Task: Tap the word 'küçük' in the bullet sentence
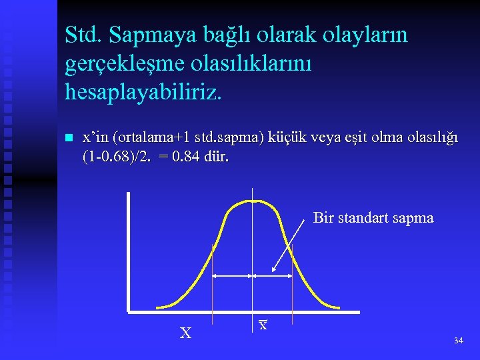click(x=285, y=138)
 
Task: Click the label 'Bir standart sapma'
click(x=373, y=218)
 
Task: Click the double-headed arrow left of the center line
click(x=232, y=275)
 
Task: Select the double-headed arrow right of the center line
click(x=272, y=275)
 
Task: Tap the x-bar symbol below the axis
click(x=263, y=325)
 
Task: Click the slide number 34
click(x=458, y=341)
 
